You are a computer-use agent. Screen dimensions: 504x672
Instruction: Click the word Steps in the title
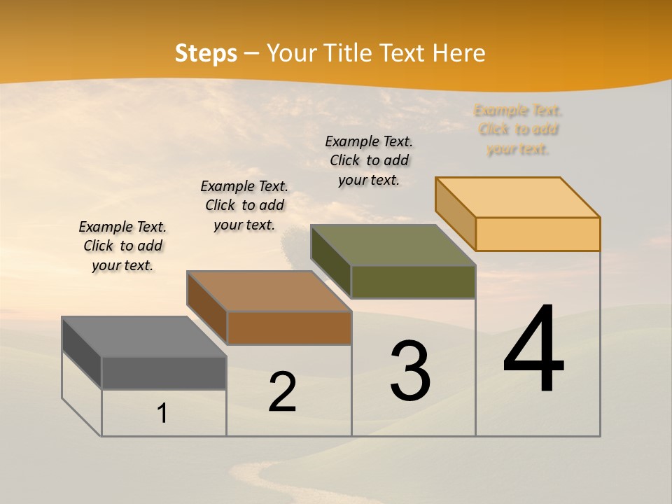(206, 53)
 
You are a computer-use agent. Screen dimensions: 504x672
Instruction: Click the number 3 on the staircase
(410, 371)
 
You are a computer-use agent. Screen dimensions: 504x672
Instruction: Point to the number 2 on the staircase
(282, 392)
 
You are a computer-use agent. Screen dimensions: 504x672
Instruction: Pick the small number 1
(162, 413)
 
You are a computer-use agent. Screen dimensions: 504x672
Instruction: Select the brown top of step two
(269, 291)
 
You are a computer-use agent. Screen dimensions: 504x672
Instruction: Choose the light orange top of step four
(518, 197)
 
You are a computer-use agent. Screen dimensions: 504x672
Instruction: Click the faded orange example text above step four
(518, 129)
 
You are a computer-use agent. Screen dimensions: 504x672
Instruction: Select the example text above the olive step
(369, 160)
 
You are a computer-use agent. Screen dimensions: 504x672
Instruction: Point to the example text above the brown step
(244, 205)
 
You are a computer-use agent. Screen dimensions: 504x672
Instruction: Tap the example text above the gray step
(122, 246)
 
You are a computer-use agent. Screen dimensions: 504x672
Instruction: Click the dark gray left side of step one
(82, 354)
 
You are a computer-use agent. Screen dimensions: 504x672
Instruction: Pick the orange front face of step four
(538, 234)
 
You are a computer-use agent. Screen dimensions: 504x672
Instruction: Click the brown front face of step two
(289, 328)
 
